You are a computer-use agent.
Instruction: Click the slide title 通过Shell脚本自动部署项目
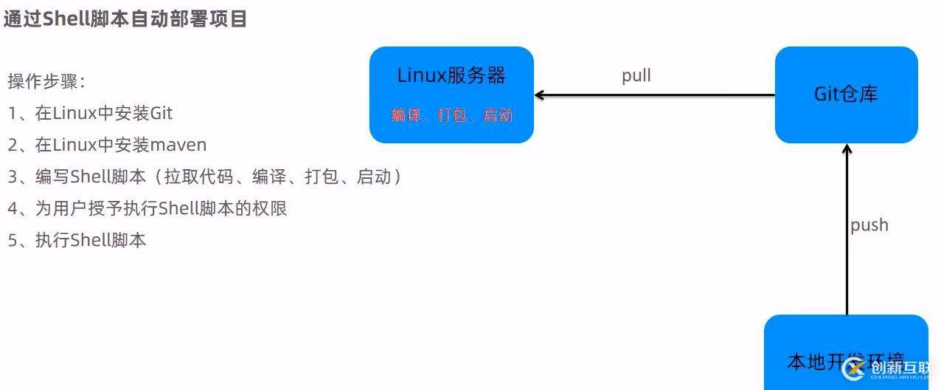pyautogui.click(x=125, y=18)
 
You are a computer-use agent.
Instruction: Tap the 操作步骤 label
pyautogui.click(x=46, y=81)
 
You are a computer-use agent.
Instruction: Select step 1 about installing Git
pyautogui.click(x=90, y=113)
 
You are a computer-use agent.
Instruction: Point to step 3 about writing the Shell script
pyautogui.click(x=205, y=177)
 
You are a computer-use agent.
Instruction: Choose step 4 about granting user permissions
pyautogui.click(x=147, y=208)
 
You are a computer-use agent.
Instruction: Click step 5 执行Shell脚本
pyautogui.click(x=77, y=240)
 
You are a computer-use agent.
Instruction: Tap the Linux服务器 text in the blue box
pyautogui.click(x=451, y=75)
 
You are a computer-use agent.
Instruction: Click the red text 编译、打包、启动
pyautogui.click(x=451, y=115)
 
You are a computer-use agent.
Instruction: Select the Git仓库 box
pyautogui.click(x=846, y=95)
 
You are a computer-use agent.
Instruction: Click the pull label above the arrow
pyautogui.click(x=636, y=75)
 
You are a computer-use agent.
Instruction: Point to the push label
pyautogui.click(x=869, y=225)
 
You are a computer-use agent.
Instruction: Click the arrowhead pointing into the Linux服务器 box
pyautogui.click(x=539, y=95)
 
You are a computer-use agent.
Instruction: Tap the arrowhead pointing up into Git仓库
pyautogui.click(x=847, y=148)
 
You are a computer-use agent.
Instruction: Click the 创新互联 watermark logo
pyautogui.click(x=888, y=369)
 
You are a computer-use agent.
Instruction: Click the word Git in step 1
pyautogui.click(x=161, y=113)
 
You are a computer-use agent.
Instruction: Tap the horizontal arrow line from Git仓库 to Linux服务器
pyautogui.click(x=656, y=95)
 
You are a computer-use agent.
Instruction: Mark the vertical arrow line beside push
pyautogui.click(x=847, y=236)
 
